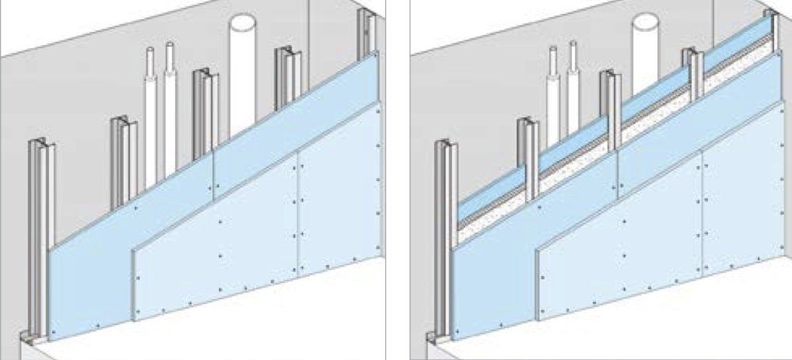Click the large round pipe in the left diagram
[x=243, y=78]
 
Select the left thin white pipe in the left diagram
[x=151, y=117]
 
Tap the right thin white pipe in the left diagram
[x=170, y=109]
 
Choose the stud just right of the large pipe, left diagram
[x=286, y=78]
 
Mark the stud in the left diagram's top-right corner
[x=368, y=31]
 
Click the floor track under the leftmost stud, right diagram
[x=436, y=339]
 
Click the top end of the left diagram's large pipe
[x=243, y=19]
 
